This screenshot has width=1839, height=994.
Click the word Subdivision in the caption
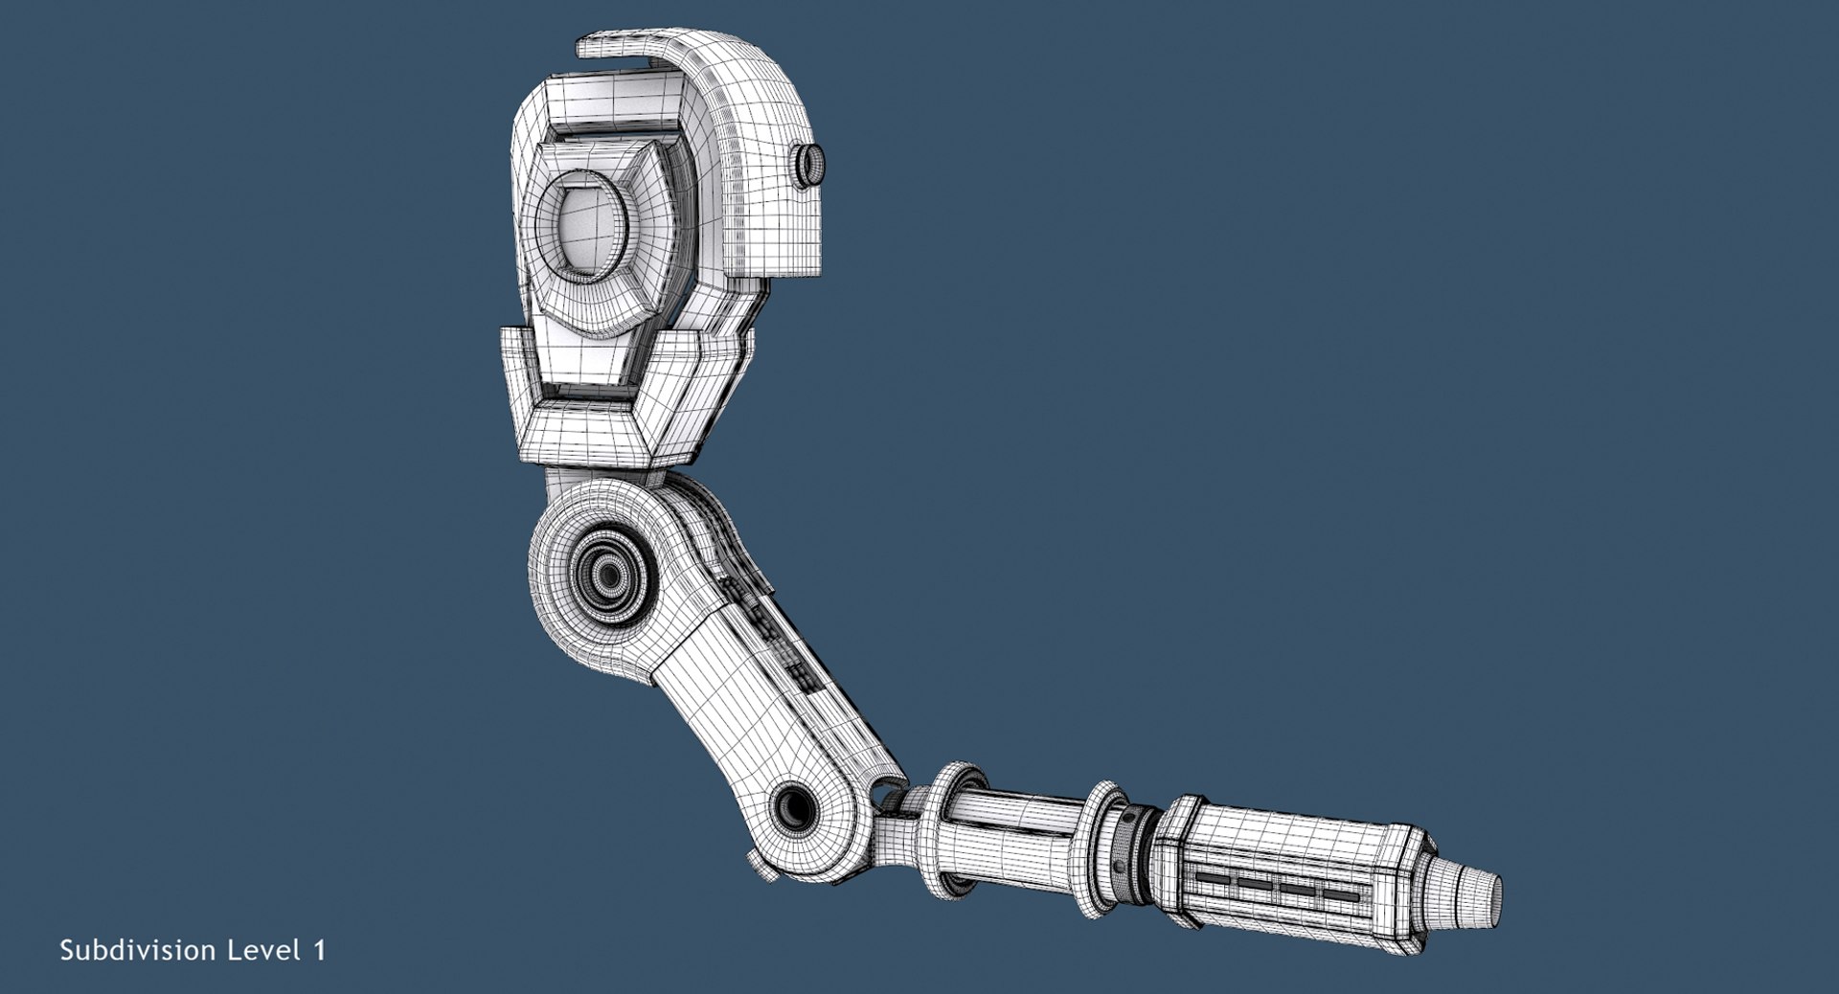[x=137, y=950]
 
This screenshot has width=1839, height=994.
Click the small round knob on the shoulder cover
[x=810, y=165]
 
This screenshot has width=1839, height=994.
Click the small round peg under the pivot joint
[x=763, y=868]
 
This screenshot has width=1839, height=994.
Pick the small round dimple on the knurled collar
[x=1119, y=866]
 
